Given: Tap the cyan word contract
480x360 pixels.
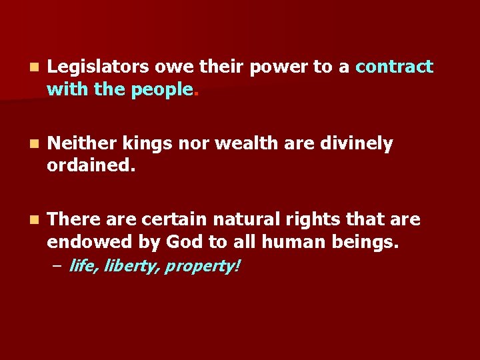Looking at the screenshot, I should pyautogui.click(x=394, y=67).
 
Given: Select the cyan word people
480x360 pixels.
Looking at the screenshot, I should pyautogui.click(x=162, y=90).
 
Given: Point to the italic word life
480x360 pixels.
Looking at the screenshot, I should pyautogui.click(x=82, y=267).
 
